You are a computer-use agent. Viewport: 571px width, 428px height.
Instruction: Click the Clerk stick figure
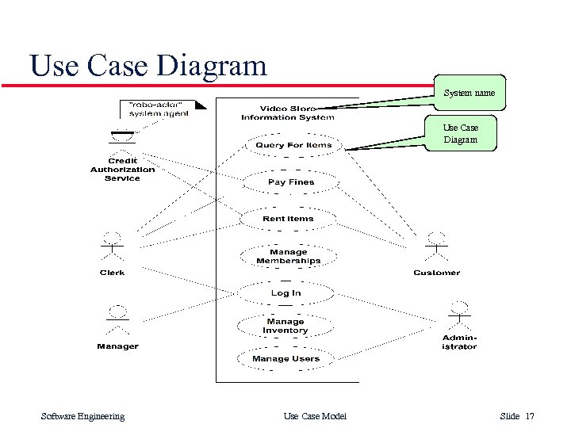pyautogui.click(x=112, y=246)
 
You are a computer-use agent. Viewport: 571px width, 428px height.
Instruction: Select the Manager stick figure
pyautogui.click(x=117, y=320)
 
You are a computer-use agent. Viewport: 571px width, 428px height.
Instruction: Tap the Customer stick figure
pyautogui.click(x=436, y=246)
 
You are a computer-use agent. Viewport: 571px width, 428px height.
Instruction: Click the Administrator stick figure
pyautogui.click(x=459, y=315)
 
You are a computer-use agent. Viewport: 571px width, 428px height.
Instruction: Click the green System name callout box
pyautogui.click(x=469, y=93)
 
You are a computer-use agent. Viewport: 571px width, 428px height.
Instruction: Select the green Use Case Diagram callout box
pyautogui.click(x=461, y=133)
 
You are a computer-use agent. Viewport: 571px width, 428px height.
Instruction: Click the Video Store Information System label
pyautogui.click(x=288, y=113)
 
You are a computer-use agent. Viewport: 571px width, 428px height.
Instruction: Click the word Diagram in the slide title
pyautogui.click(x=212, y=66)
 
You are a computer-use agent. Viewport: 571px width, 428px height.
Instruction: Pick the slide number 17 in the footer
pyautogui.click(x=530, y=416)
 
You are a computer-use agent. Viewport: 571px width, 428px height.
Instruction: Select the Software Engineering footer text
pyautogui.click(x=82, y=416)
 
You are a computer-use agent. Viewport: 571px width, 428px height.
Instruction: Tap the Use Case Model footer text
pyautogui.click(x=315, y=416)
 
